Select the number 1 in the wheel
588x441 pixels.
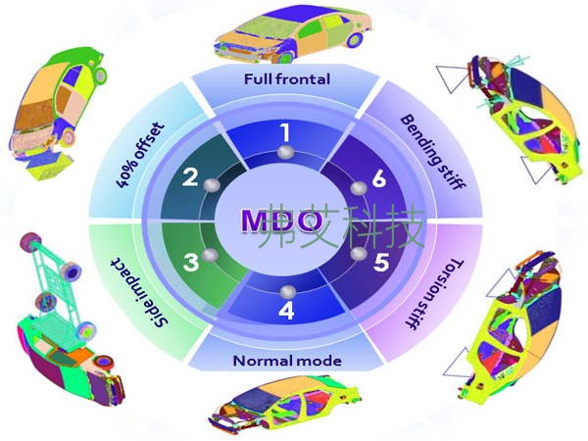click(x=285, y=129)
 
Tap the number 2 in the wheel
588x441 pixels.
click(x=191, y=178)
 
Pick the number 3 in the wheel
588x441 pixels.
click(x=191, y=262)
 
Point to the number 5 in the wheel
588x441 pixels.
click(x=381, y=262)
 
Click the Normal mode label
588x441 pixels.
click(x=286, y=361)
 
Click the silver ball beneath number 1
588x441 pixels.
click(x=286, y=153)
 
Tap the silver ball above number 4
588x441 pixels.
click(x=286, y=290)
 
